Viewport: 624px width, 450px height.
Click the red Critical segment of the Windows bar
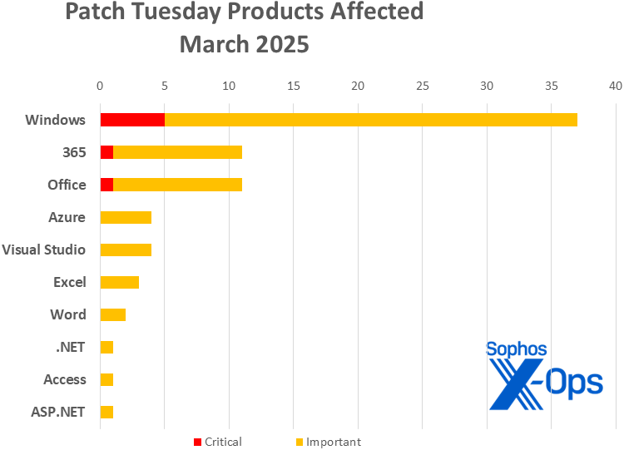click(132, 120)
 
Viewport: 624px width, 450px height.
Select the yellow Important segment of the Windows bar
click(370, 120)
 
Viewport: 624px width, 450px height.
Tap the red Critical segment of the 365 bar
click(106, 152)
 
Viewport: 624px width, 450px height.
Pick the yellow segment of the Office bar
click(177, 185)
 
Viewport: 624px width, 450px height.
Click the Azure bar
click(126, 217)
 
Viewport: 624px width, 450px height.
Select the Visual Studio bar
click(126, 250)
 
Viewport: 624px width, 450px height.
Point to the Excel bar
click(119, 282)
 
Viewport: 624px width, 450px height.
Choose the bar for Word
click(112, 314)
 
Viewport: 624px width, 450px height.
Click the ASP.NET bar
click(106, 412)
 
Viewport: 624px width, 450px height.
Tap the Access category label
click(65, 379)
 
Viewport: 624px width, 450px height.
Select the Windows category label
click(56, 120)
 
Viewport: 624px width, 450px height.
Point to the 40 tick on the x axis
click(615, 86)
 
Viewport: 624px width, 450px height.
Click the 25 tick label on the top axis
click(422, 86)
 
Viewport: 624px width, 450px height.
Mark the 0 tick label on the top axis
click(100, 86)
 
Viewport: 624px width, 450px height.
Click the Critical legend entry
click(217, 442)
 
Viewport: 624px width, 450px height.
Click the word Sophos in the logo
click(516, 350)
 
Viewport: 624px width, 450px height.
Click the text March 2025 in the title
click(244, 44)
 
